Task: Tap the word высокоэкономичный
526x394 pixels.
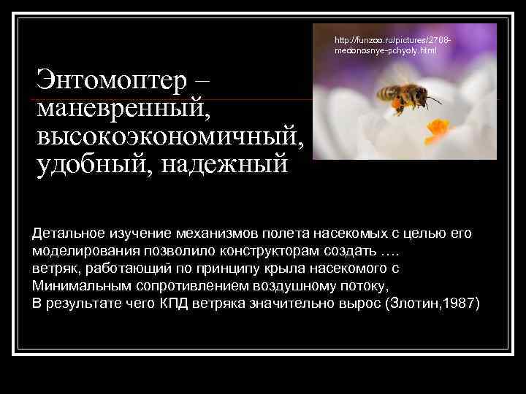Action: pos(169,136)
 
